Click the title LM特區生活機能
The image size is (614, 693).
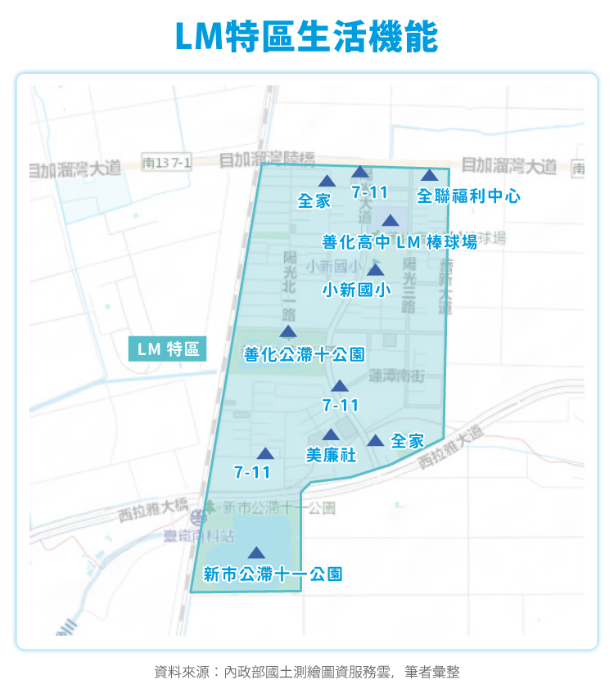click(x=307, y=37)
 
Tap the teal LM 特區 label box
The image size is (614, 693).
click(x=168, y=349)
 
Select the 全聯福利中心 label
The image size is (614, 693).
click(x=468, y=196)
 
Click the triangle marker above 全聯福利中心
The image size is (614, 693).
click(x=430, y=175)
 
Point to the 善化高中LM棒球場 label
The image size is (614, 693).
click(x=400, y=242)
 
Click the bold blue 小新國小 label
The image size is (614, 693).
click(x=356, y=290)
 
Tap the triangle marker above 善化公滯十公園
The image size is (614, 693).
click(x=287, y=331)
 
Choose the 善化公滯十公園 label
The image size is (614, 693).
click(x=304, y=354)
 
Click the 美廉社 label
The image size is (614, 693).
click(x=331, y=455)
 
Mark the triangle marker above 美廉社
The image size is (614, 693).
click(x=330, y=435)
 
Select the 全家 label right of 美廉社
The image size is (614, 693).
click(x=407, y=441)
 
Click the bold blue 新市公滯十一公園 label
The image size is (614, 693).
click(x=272, y=574)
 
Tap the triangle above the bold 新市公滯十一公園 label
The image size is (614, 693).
click(x=257, y=553)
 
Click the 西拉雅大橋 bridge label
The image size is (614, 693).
click(x=153, y=511)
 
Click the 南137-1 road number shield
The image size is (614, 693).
click(x=166, y=162)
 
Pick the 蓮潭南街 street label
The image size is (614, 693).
click(x=396, y=376)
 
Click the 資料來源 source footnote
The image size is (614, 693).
click(x=307, y=672)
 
